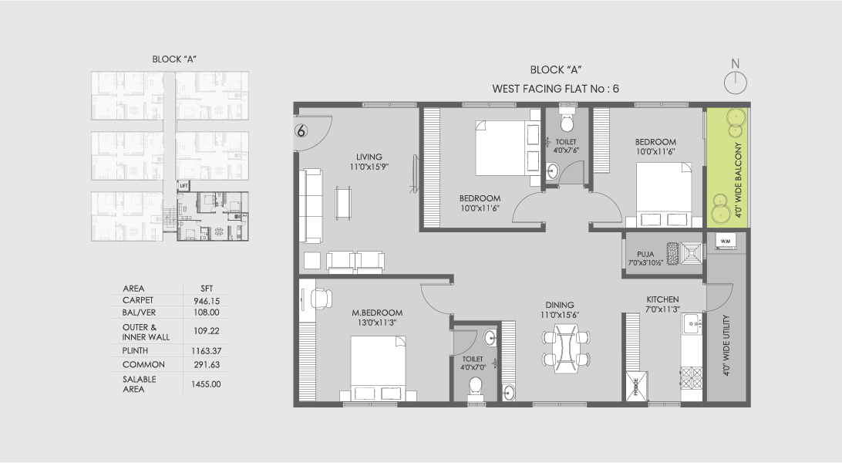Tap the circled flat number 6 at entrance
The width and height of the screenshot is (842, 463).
tap(301, 130)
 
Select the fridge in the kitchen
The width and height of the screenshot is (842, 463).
tap(636, 385)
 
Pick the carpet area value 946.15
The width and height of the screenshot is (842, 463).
tap(206, 300)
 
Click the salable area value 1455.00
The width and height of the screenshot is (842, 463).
tap(206, 384)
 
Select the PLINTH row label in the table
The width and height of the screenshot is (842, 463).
tap(136, 350)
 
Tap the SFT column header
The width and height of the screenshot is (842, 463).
tap(206, 288)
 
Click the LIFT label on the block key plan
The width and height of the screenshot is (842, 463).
tap(184, 186)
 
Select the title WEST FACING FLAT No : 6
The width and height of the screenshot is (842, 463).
tap(555, 89)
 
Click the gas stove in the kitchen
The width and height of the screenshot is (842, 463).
tap(691, 377)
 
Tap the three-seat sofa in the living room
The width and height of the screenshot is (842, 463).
tap(313, 206)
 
